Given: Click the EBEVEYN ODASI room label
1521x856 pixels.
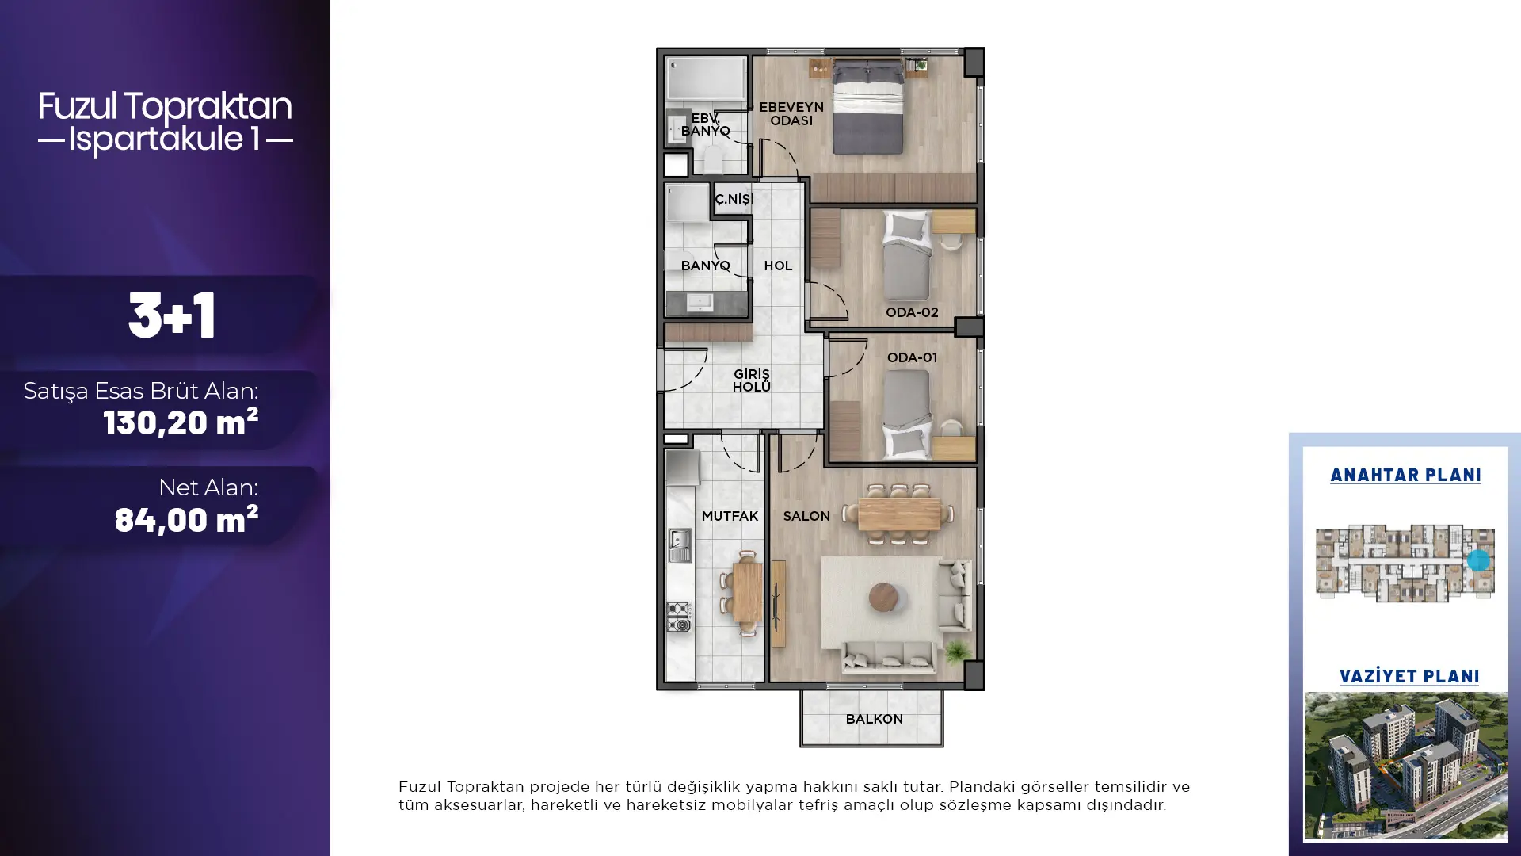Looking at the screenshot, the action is pyautogui.click(x=791, y=114).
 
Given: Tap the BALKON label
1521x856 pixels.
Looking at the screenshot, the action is pyautogui.click(x=874, y=720).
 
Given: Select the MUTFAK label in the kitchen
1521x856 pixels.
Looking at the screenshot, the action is pyautogui.click(x=730, y=516).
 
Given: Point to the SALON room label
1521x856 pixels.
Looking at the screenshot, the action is pyautogui.click(x=806, y=516).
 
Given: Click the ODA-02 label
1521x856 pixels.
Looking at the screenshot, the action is pyautogui.click(x=912, y=312).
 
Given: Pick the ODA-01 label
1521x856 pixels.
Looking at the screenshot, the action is pyautogui.click(x=912, y=357).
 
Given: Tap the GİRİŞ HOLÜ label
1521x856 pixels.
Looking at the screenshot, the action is pyautogui.click(x=751, y=380).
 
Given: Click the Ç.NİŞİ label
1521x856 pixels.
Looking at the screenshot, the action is pyautogui.click(x=734, y=199).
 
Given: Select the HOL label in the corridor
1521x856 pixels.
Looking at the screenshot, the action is pyautogui.click(x=778, y=266).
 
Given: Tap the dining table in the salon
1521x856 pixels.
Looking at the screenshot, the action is pyautogui.click(x=900, y=514).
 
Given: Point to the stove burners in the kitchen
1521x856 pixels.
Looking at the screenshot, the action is pyautogui.click(x=679, y=617).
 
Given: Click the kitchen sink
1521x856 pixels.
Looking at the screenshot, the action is pyautogui.click(x=680, y=545).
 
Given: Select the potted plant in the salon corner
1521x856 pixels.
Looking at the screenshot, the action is pyautogui.click(x=958, y=652).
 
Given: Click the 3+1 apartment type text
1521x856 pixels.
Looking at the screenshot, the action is pyautogui.click(x=172, y=315).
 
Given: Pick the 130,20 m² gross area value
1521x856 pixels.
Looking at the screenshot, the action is pyautogui.click(x=181, y=422).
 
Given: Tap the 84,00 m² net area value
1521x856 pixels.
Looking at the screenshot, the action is pyautogui.click(x=186, y=519).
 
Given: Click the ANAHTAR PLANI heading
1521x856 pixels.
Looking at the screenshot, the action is pyautogui.click(x=1405, y=476).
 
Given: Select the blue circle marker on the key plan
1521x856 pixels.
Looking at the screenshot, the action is pyautogui.click(x=1478, y=560).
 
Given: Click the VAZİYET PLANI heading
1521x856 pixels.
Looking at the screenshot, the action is pyautogui.click(x=1409, y=677).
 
